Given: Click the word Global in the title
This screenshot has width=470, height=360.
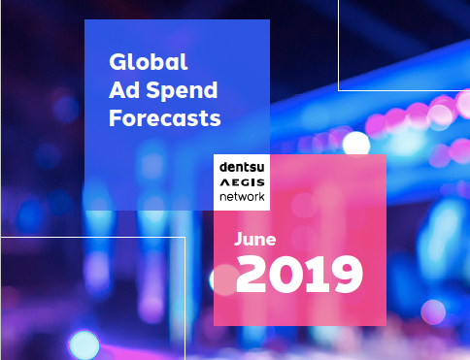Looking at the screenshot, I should [148, 63].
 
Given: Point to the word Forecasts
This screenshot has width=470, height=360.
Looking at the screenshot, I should [165, 118].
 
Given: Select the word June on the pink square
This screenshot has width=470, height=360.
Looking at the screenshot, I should [255, 238].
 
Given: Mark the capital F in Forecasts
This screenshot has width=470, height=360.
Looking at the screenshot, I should [115, 118].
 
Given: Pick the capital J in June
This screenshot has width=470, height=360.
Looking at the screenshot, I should [239, 238].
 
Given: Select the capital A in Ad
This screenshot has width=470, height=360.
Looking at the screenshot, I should [117, 91].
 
